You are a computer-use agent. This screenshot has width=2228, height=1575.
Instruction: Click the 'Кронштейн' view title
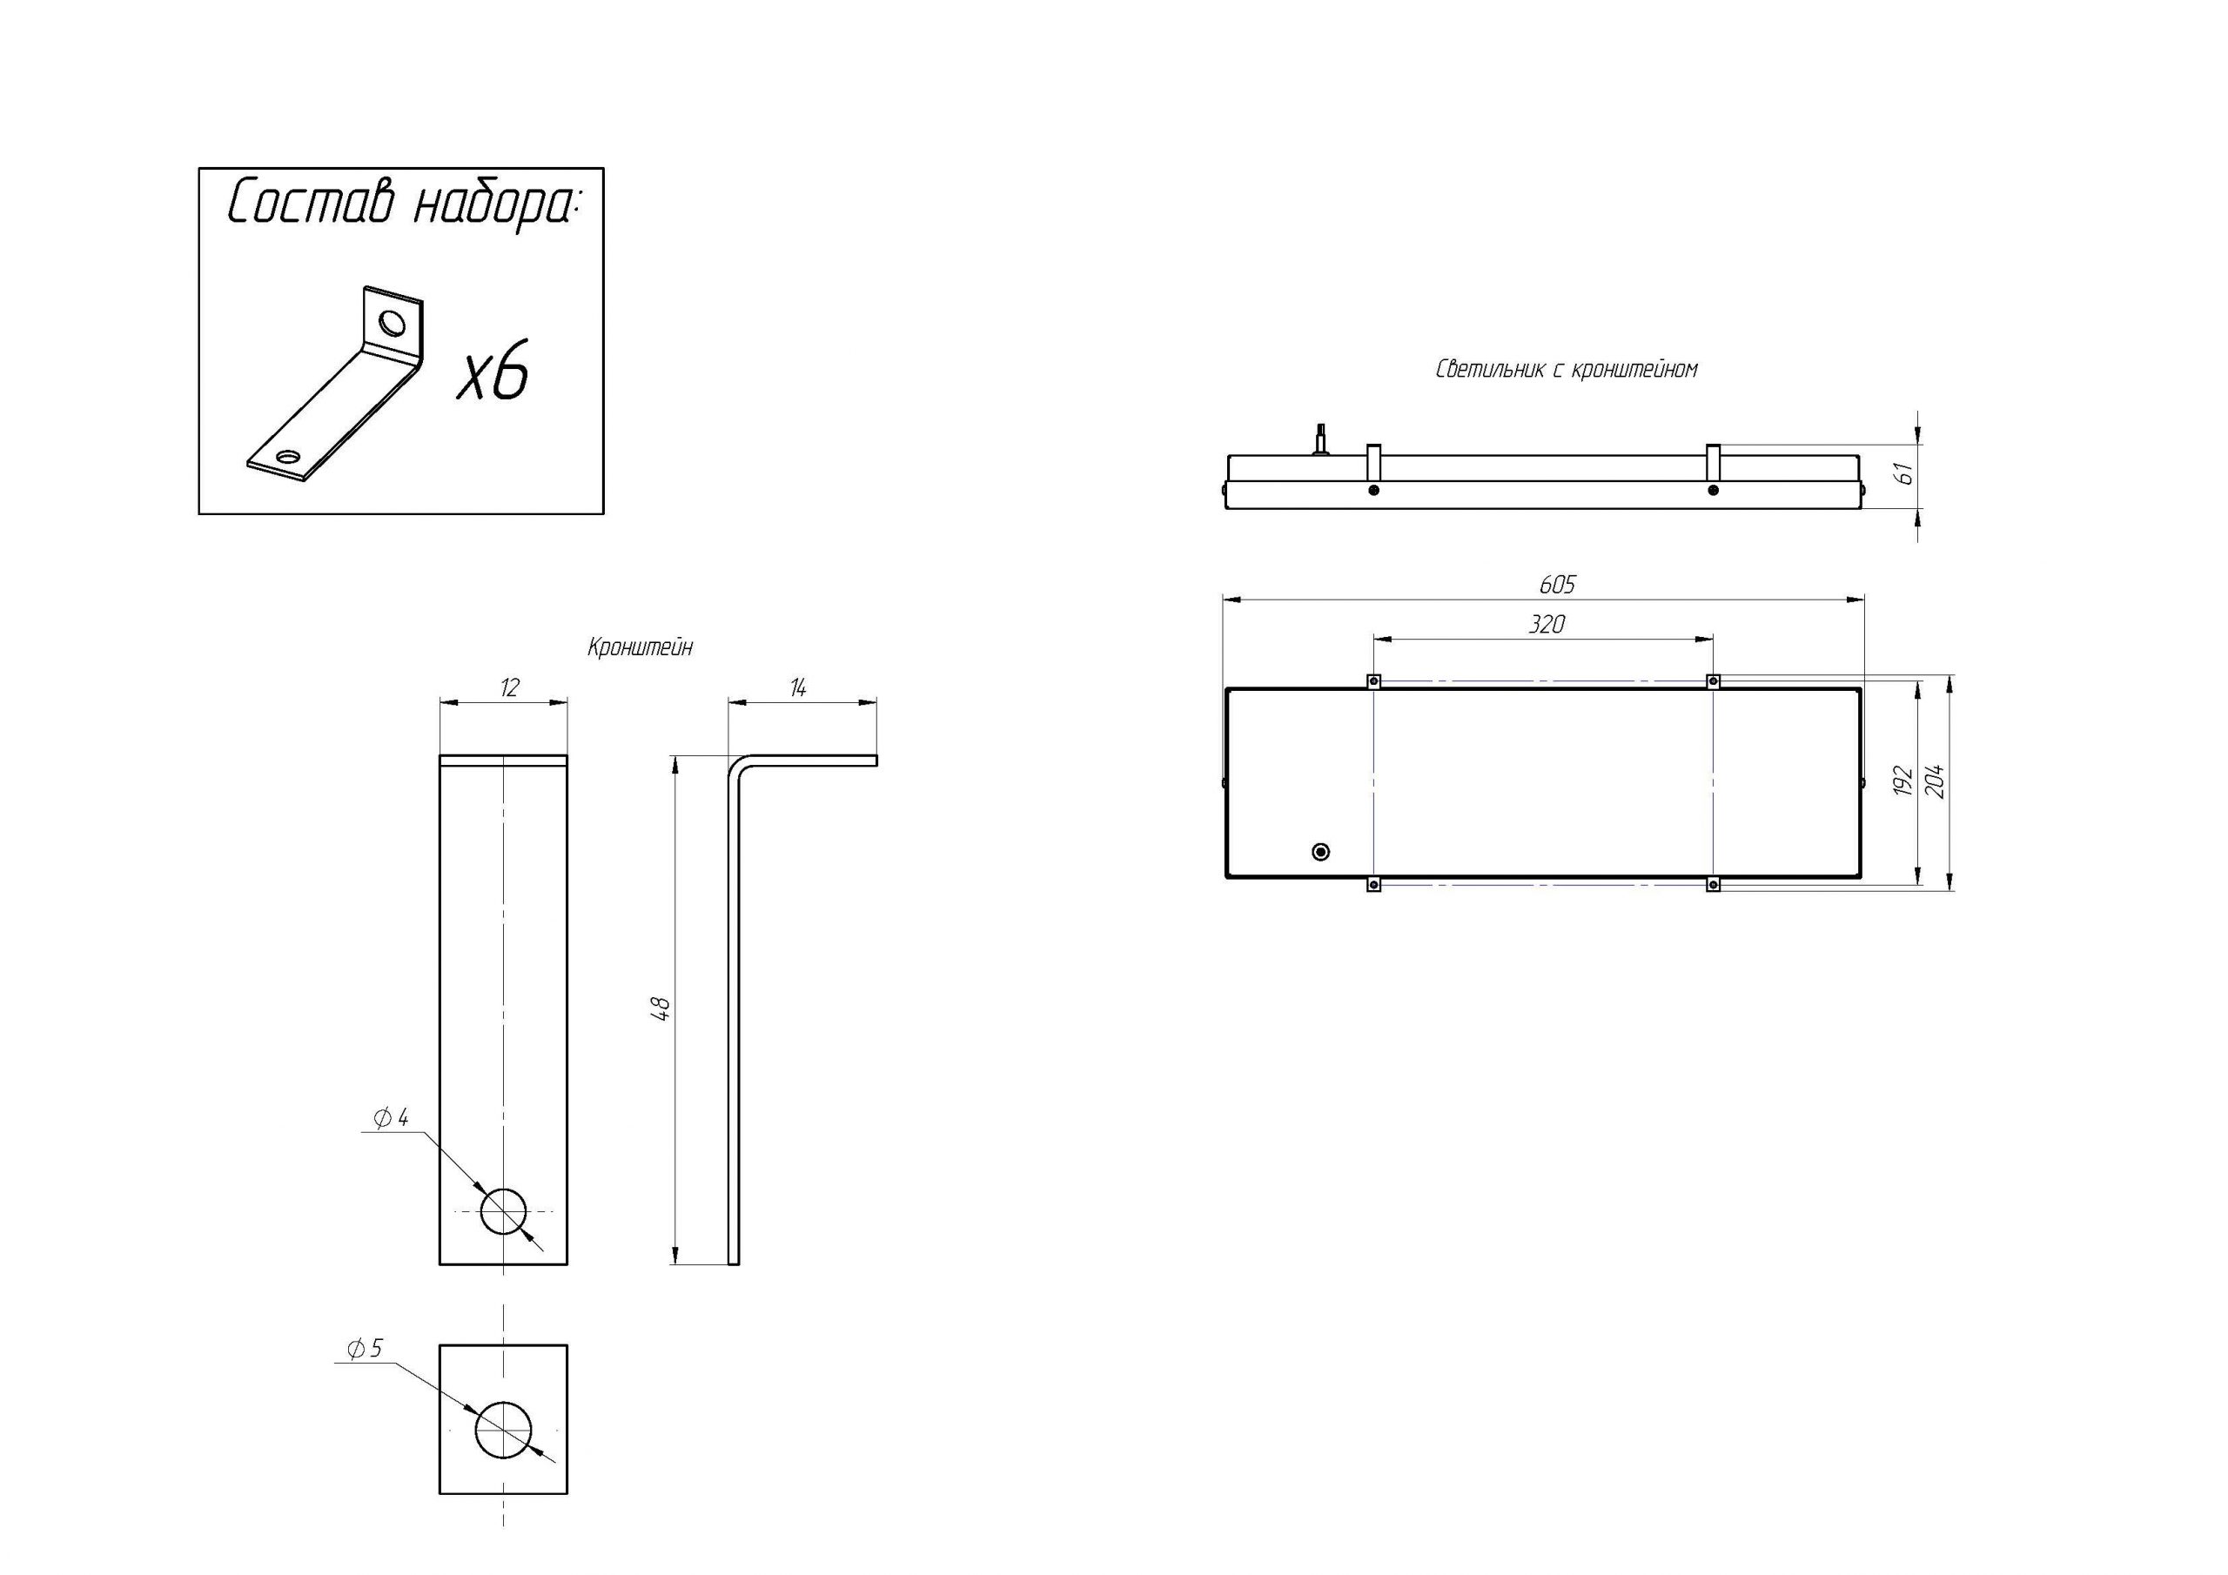[641, 647]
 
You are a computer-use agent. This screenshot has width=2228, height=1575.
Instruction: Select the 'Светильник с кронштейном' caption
[1567, 370]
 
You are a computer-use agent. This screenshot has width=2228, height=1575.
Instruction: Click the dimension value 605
[1558, 584]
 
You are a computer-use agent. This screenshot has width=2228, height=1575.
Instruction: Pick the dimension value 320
[1547, 624]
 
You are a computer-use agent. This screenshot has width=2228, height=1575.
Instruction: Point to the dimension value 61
[1904, 473]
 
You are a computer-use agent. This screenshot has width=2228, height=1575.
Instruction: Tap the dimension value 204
[1935, 781]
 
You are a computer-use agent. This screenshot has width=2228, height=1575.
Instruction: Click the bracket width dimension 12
[509, 688]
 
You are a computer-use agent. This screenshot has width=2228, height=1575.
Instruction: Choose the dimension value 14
[798, 688]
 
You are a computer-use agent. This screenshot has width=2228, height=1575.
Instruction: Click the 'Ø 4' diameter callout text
[391, 1118]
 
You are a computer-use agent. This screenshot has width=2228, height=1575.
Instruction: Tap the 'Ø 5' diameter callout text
[365, 1348]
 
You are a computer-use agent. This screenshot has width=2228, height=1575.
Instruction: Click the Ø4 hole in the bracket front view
[504, 1211]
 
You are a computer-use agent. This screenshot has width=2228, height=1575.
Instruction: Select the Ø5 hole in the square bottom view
[504, 1431]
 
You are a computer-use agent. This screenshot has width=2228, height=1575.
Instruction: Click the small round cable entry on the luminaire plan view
[1319, 852]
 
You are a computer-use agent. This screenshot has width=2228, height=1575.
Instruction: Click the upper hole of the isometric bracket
[393, 321]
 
